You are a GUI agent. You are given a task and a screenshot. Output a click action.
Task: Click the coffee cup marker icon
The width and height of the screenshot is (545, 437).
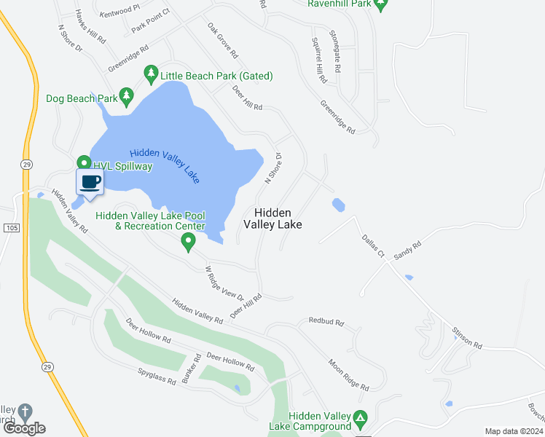click(90, 182)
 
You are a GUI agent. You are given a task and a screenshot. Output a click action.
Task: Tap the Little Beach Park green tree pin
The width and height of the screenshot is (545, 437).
click(151, 74)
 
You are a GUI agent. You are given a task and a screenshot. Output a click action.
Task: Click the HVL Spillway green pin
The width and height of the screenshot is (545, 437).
click(84, 164)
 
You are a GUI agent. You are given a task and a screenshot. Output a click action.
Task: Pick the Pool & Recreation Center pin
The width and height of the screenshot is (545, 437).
click(189, 242)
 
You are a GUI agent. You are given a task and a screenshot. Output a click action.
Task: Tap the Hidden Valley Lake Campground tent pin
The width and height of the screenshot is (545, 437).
click(360, 420)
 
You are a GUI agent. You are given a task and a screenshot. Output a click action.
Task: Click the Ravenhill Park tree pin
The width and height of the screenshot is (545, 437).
click(380, 4)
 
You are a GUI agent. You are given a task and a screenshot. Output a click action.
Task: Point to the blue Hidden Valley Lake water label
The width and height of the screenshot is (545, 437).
click(164, 166)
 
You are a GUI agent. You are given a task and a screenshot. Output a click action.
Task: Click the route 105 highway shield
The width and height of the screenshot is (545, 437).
click(11, 228)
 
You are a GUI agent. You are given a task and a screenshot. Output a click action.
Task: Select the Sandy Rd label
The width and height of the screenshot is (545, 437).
click(407, 251)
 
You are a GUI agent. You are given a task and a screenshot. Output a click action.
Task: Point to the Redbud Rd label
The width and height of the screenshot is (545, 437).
click(325, 320)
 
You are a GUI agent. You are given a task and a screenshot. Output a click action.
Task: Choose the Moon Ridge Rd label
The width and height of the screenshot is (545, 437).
click(348, 375)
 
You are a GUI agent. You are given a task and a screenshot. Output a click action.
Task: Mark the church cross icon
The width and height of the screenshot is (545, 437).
click(26, 412)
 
